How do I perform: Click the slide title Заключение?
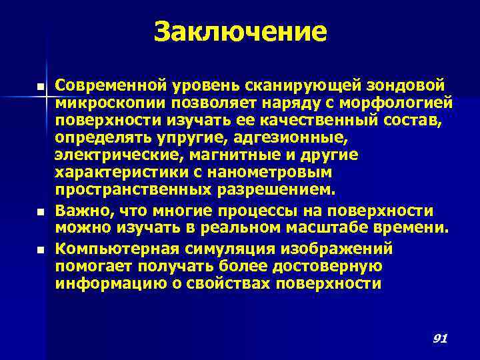pos(240,31)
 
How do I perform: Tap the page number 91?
pos(439,339)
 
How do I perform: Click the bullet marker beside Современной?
pos(41,87)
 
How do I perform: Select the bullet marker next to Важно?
pos(41,212)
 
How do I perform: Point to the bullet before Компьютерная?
pos(41,249)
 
